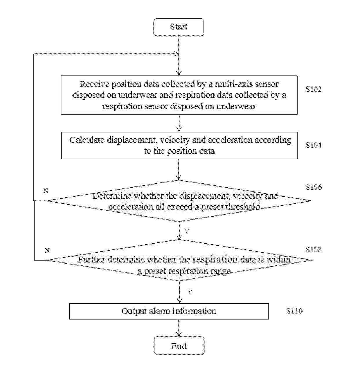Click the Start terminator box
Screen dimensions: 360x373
pyautogui.click(x=179, y=27)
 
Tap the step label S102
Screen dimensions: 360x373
pyautogui.click(x=314, y=89)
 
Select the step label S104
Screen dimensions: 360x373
pyautogui.click(x=314, y=145)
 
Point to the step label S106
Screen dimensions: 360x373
pyautogui.click(x=314, y=187)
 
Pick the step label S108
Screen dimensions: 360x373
pyautogui.click(x=314, y=249)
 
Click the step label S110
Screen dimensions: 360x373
pyautogui.click(x=294, y=311)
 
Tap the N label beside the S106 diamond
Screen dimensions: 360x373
pyautogui.click(x=46, y=191)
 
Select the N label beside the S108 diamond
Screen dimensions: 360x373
pyautogui.click(x=47, y=250)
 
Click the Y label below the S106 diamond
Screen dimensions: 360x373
pyautogui.click(x=187, y=231)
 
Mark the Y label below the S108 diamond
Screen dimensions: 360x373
pyautogui.click(x=190, y=292)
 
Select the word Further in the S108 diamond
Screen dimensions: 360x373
pyautogui.click(x=92, y=260)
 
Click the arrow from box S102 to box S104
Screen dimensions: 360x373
pyautogui.click(x=179, y=123)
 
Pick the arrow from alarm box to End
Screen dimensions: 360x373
pyautogui.click(x=179, y=328)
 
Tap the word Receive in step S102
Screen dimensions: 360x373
pyautogui.click(x=94, y=84)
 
